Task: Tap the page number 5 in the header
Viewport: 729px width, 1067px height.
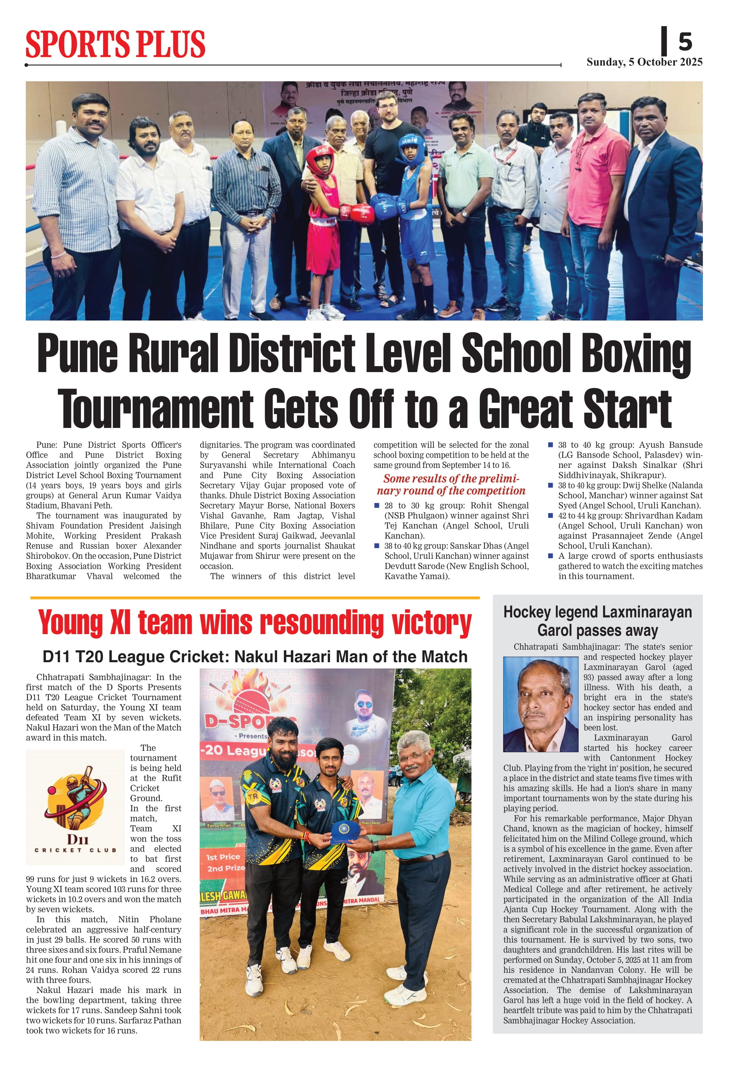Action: point(685,42)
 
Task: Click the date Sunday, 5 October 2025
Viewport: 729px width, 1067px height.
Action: point(644,62)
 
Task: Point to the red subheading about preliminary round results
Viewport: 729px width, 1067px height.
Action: point(451,484)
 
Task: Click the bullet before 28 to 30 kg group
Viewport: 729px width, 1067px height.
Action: point(377,506)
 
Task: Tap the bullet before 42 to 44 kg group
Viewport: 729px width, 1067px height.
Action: point(550,515)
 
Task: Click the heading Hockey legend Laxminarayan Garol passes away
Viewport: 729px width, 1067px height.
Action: point(597,621)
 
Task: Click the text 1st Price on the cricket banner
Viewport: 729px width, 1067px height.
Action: point(223,857)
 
